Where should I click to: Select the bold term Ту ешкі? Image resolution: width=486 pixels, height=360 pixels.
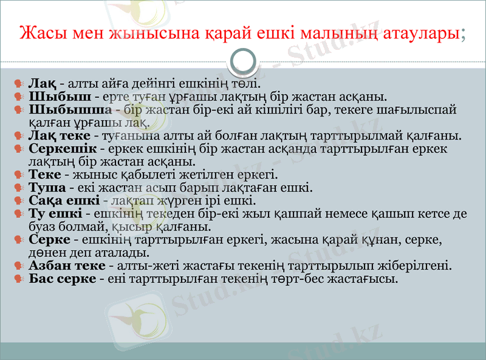(x=55, y=214)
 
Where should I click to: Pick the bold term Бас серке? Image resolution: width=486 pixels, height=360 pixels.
(x=62, y=279)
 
